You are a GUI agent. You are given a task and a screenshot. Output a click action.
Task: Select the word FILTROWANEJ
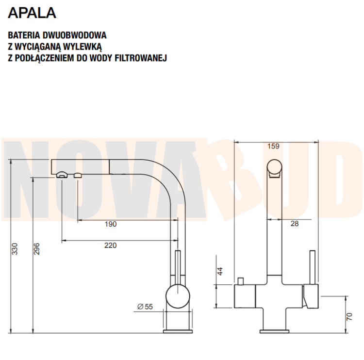pos(141,58)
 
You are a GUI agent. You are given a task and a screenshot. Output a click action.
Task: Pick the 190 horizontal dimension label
pos(111,224)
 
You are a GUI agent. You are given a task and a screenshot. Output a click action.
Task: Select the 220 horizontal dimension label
pos(111,245)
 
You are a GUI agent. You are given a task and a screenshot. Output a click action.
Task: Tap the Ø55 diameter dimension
pos(145,306)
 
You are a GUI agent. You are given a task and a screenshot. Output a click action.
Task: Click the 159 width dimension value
pos(274,146)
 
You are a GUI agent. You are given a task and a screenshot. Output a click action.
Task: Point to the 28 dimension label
pos(294,224)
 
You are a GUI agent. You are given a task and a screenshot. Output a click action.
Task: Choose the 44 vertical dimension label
pos(220,271)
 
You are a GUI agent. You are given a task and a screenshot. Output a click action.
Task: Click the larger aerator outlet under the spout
pos(62,175)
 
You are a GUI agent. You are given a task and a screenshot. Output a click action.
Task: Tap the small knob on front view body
pos(240,281)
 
